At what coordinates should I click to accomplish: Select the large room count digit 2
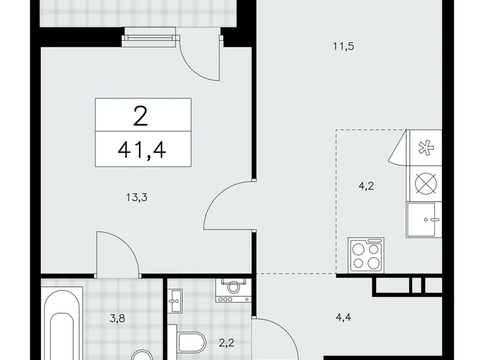coord(142,115)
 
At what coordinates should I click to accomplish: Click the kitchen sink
coord(424,220)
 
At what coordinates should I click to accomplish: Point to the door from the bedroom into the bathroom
coord(118,251)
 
